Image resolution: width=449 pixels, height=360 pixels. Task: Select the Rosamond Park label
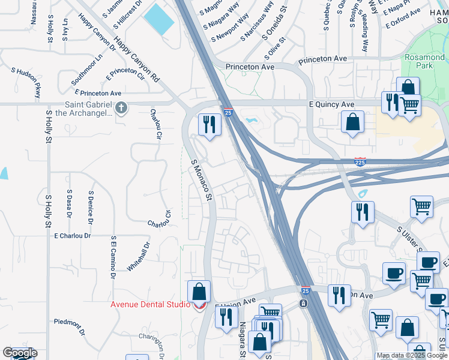(x=424, y=61)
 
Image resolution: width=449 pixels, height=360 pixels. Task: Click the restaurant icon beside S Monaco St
(x=209, y=125)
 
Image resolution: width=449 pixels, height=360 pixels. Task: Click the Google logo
(x=20, y=353)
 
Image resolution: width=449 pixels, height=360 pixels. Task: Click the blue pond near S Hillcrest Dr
(x=158, y=19)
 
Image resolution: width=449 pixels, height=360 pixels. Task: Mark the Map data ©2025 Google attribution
(x=412, y=355)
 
